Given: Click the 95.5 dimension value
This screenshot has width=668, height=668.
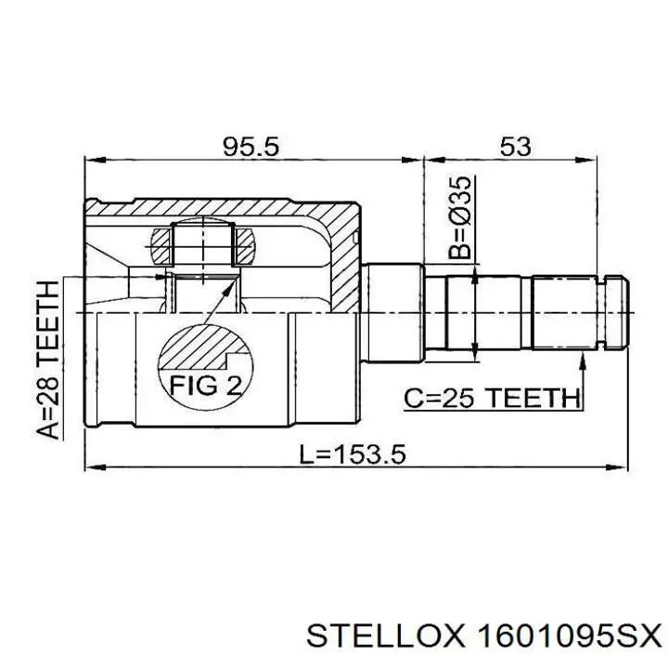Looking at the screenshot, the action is click(250, 147).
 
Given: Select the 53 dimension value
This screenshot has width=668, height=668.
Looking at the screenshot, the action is click(515, 147).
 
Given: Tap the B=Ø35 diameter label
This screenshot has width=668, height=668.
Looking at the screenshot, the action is click(460, 218).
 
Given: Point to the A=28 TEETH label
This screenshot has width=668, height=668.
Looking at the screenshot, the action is click(47, 360).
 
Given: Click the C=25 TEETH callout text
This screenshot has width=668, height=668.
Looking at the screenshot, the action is click(492, 399).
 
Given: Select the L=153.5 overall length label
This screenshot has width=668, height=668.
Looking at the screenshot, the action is click(353, 454).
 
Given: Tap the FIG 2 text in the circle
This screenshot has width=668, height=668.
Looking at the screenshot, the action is click(206, 386).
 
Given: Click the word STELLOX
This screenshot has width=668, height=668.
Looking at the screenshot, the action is click(384, 637).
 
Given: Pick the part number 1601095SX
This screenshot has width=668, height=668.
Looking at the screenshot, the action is click(570, 637).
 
